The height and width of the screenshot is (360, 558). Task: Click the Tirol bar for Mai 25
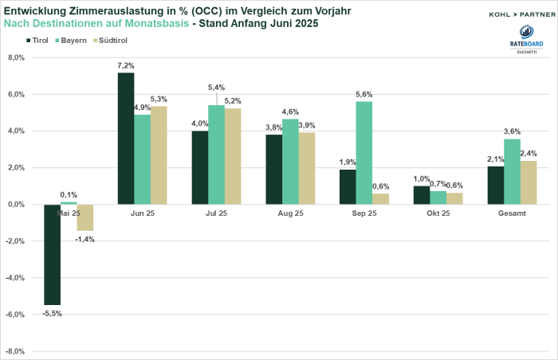[52, 254]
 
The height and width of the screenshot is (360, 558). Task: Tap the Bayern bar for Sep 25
[363, 152]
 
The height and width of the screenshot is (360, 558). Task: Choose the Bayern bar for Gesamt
[511, 171]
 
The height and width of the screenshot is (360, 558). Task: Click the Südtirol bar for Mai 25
[85, 217]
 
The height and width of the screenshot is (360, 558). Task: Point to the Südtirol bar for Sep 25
[380, 198]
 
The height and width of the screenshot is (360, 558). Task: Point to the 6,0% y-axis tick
[16, 94]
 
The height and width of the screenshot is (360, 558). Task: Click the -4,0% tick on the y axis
[15, 278]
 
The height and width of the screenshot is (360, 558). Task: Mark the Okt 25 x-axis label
[438, 213]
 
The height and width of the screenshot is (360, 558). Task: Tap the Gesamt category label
[511, 213]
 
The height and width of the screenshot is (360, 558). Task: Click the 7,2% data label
[127, 65]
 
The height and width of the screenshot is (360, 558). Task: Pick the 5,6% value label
[363, 94]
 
